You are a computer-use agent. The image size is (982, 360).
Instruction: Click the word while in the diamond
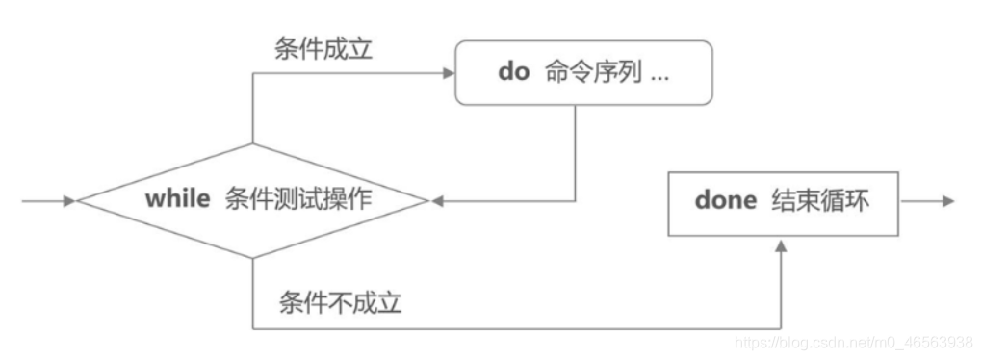[x=177, y=199]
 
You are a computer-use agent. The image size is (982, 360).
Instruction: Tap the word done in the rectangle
[x=724, y=202]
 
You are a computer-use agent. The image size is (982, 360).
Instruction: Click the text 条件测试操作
[x=297, y=199]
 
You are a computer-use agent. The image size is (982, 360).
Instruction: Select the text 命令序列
[x=590, y=74]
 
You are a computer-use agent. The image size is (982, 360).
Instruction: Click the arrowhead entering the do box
[x=448, y=73]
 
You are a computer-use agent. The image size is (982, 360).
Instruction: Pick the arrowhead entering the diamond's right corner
[x=437, y=201]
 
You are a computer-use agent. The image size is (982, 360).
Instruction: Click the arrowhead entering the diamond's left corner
[x=69, y=201]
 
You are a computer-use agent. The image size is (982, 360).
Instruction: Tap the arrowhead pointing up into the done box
[x=781, y=245]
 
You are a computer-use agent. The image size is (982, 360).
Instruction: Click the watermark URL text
[x=853, y=342]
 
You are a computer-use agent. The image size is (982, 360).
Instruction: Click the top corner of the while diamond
[x=253, y=144]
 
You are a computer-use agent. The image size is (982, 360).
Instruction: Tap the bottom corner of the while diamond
[x=253, y=258]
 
